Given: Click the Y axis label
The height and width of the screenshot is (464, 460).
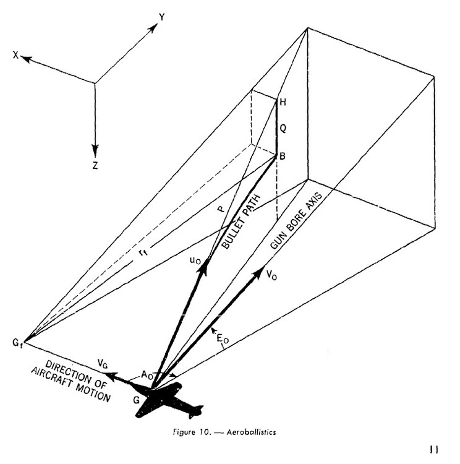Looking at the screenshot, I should click(x=162, y=18).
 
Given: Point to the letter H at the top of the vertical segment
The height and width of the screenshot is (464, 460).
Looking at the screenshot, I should click(x=283, y=102).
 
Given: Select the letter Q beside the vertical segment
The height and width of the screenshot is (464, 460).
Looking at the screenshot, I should click(x=283, y=129).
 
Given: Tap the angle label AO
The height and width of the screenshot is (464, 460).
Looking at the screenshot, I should click(x=148, y=375).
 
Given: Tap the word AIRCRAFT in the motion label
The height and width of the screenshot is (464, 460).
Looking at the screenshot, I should click(x=77, y=386).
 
